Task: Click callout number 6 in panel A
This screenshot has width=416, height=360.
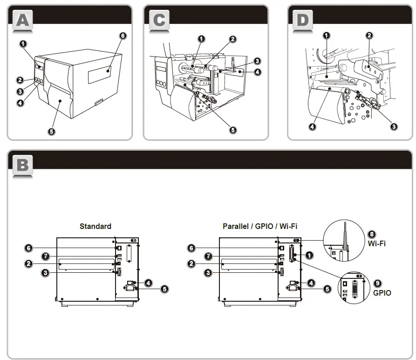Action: coord(123,35)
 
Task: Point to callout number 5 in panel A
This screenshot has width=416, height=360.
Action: coord(51,132)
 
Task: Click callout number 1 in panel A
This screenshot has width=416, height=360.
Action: coord(23,44)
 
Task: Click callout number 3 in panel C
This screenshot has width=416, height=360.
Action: coord(257,61)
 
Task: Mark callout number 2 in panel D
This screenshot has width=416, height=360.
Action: coord(369,35)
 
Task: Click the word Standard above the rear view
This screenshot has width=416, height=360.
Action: coord(95,226)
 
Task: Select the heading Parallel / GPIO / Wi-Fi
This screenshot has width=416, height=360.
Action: coord(260,226)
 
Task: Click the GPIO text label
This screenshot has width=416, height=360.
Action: coord(382,293)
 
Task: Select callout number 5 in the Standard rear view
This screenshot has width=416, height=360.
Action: coord(164,289)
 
